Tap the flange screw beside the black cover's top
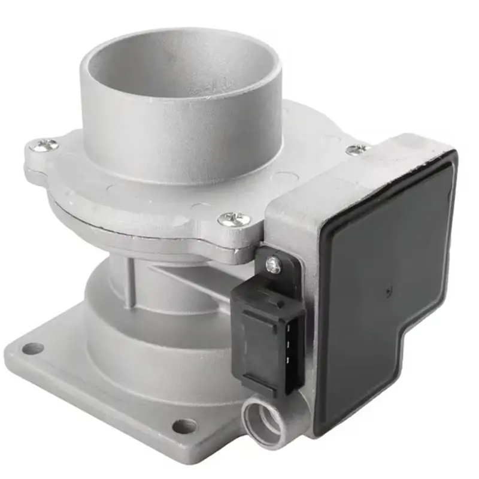357,149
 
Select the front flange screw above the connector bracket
234,219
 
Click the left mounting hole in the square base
31,348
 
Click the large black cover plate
383,269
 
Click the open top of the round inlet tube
180,66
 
